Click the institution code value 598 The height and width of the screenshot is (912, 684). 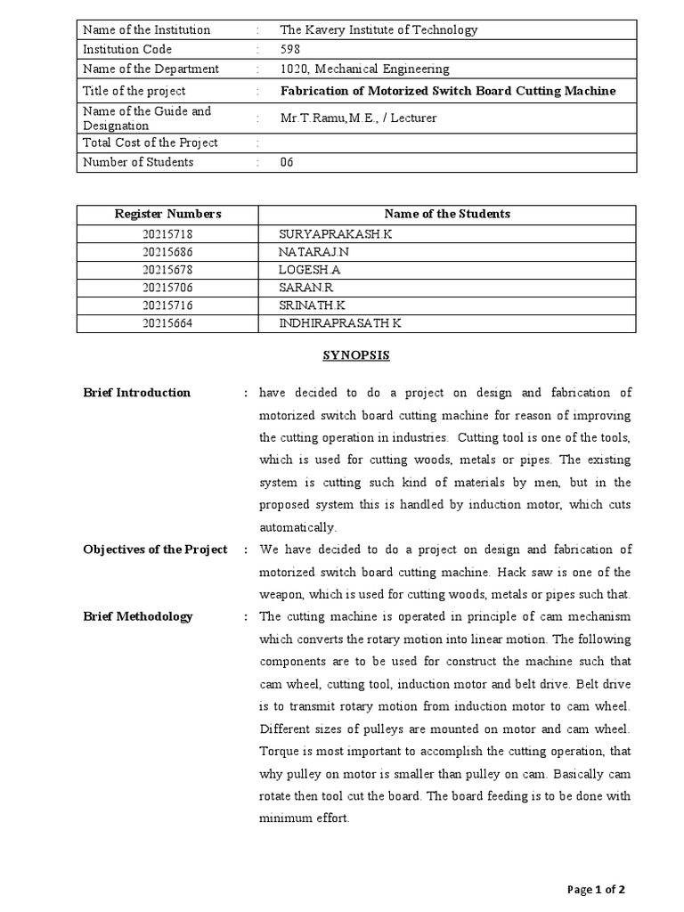click(x=290, y=49)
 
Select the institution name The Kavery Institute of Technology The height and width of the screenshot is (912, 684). click(x=379, y=29)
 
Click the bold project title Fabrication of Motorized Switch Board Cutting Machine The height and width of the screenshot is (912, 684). click(x=448, y=91)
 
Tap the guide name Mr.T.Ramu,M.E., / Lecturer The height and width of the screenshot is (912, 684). click(x=358, y=118)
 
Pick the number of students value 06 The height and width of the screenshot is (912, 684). click(x=287, y=162)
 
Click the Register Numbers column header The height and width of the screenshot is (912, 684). click(x=167, y=214)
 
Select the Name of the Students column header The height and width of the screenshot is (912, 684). click(x=447, y=214)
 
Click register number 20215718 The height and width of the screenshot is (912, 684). click(x=167, y=233)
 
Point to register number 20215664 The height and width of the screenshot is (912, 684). click(x=167, y=322)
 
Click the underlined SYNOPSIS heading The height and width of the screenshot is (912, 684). click(x=355, y=355)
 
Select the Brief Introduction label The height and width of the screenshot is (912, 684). click(x=136, y=393)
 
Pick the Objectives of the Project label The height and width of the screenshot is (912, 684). click(x=155, y=550)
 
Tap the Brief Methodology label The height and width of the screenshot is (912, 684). click(x=137, y=616)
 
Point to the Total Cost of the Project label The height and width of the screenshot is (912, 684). click(x=150, y=142)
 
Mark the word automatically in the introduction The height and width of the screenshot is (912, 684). click(x=297, y=527)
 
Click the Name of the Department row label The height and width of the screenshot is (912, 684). click(x=151, y=69)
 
